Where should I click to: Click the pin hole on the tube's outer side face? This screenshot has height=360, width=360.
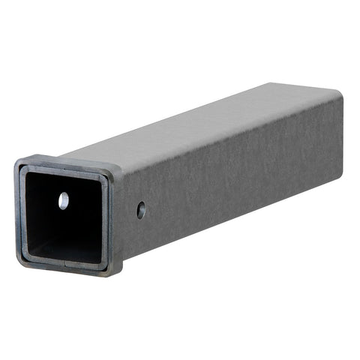point(141,211)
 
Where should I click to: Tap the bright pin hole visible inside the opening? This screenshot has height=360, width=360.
point(64,200)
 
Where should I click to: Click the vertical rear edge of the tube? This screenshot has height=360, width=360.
point(343,131)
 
